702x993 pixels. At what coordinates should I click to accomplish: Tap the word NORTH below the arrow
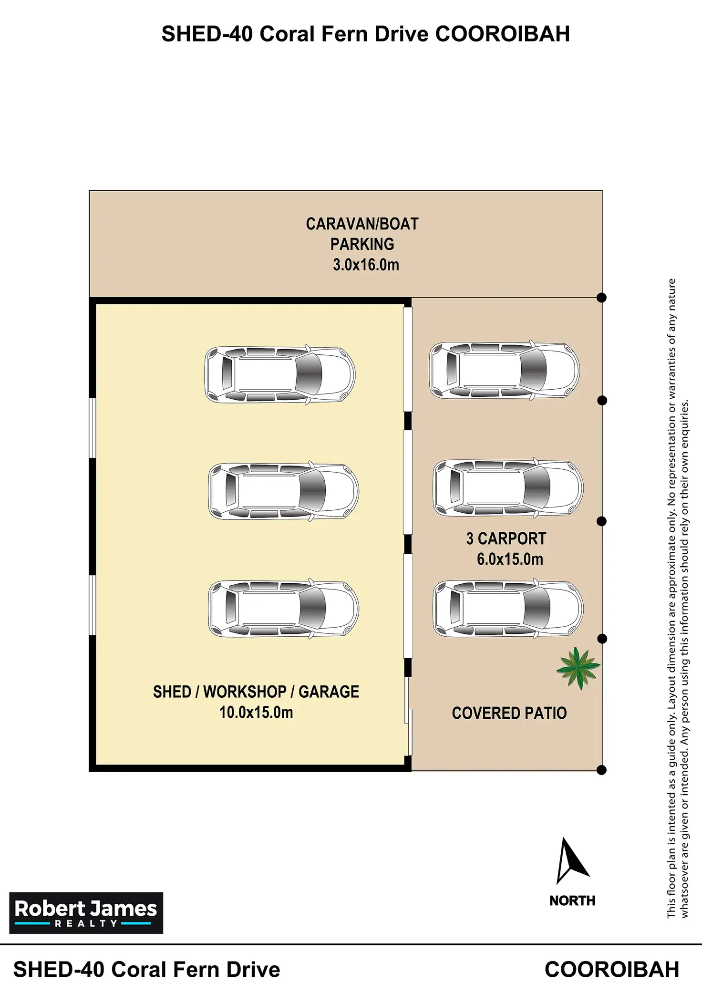click(572, 900)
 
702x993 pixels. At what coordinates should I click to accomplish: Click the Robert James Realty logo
click(86, 913)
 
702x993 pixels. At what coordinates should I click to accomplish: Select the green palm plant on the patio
click(578, 668)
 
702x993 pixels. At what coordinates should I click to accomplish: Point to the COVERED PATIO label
click(509, 713)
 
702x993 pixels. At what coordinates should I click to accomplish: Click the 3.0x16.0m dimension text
click(366, 265)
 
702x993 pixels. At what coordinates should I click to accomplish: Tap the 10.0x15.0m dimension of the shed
click(256, 712)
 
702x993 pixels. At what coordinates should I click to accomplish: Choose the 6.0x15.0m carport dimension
click(510, 559)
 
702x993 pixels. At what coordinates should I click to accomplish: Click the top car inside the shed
click(280, 374)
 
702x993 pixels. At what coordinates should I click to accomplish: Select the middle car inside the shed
click(284, 491)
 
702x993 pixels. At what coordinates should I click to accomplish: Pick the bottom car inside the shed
click(284, 609)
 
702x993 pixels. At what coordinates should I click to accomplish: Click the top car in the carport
click(505, 371)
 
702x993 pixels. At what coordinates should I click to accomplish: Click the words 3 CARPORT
click(506, 538)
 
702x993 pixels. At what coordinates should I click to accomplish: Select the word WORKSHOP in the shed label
click(245, 692)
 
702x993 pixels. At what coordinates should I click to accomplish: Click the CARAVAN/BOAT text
click(362, 224)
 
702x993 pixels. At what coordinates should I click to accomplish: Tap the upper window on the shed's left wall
click(93, 428)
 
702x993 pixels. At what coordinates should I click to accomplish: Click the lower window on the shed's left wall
click(93, 605)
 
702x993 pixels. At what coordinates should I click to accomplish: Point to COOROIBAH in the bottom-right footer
click(612, 969)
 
